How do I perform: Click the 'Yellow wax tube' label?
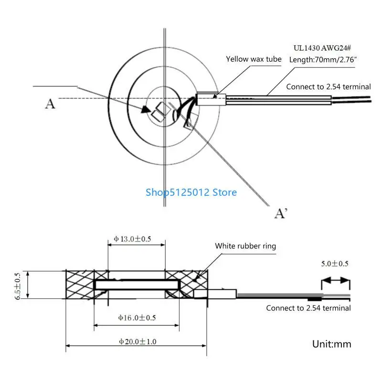coord(254,59)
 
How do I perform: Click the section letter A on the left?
coord(50,103)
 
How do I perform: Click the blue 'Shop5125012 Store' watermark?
coord(191,192)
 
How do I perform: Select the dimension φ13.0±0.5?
coord(132,239)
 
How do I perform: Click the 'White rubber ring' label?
coord(245,246)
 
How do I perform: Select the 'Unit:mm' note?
coord(331,344)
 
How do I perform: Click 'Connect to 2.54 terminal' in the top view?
coord(328,86)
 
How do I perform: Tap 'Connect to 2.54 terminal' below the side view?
coord(308,308)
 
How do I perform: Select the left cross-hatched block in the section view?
coord(80,285)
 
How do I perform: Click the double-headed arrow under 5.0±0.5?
coord(336,281)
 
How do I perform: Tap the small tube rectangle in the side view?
coord(215,294)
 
